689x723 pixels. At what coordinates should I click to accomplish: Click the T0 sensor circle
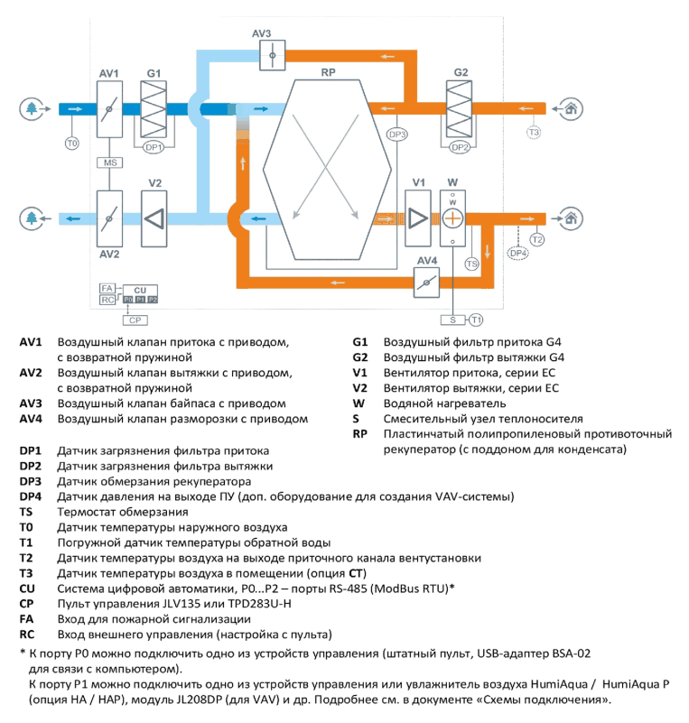pos(72,144)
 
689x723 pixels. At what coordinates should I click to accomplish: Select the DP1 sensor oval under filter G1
pos(154,147)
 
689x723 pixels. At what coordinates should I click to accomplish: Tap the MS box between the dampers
pos(110,162)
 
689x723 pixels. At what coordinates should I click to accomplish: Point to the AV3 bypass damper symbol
pos(272,55)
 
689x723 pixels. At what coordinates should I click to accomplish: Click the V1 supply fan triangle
pos(418,218)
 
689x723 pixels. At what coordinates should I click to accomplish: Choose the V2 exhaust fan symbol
pos(154,218)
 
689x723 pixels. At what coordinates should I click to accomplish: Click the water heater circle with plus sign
pos(452,218)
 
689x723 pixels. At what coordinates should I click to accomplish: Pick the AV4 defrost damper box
pos(426,283)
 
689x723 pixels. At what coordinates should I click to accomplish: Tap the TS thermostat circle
pos(471,264)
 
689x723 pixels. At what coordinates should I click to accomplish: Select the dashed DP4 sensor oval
pos(518,253)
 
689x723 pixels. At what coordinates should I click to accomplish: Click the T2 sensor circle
pos(536,240)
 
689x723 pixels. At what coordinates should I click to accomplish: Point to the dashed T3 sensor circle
pos(534,133)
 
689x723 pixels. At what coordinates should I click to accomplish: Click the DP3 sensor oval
pos(396,134)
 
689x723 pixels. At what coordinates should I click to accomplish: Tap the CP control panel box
pos(135,320)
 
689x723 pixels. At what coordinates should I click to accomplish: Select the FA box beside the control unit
pos(107,288)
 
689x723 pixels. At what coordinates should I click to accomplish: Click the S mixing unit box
pos(453,320)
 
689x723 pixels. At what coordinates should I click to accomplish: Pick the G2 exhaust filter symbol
pos(459,109)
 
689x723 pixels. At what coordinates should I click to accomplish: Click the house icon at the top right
pos(571,109)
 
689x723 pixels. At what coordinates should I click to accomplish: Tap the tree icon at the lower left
pos(32,218)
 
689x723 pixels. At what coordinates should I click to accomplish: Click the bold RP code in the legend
pos(359,434)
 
